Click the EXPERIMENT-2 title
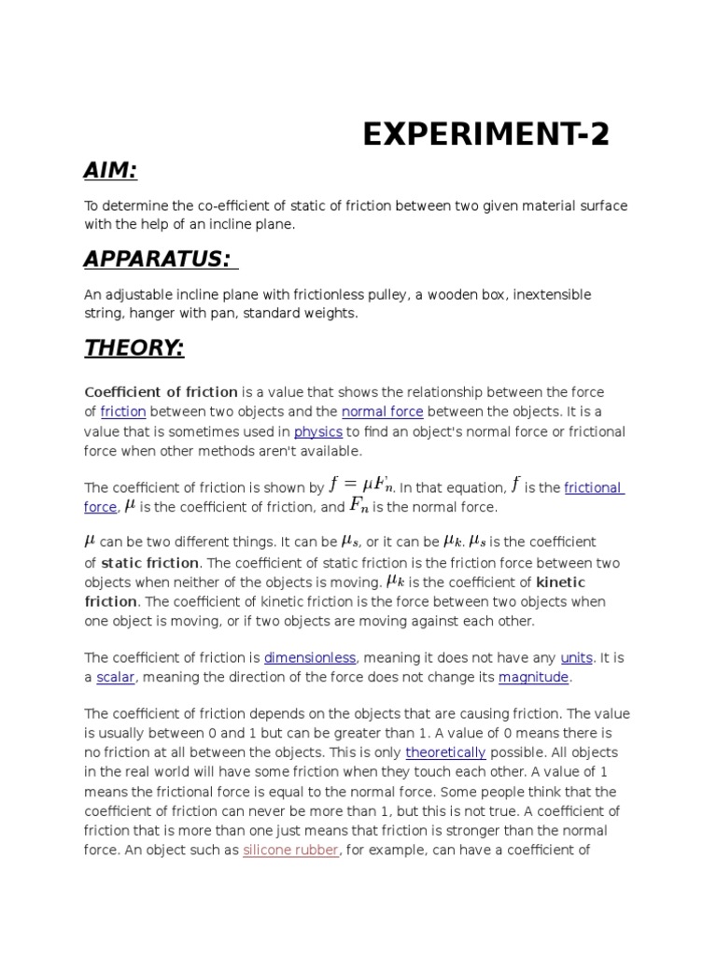[x=485, y=135]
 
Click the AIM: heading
[x=110, y=170]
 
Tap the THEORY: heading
[x=134, y=348]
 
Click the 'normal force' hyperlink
[x=383, y=412]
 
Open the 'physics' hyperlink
[x=318, y=432]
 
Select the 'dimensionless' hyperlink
[x=310, y=657]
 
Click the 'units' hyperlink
[x=576, y=657]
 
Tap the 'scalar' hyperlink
[x=116, y=677]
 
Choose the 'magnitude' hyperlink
[x=533, y=677]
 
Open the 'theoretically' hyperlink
[x=445, y=752]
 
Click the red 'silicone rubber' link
[x=290, y=851]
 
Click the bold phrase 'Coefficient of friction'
[x=162, y=392]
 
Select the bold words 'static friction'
[x=149, y=563]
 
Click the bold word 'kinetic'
[x=560, y=583]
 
